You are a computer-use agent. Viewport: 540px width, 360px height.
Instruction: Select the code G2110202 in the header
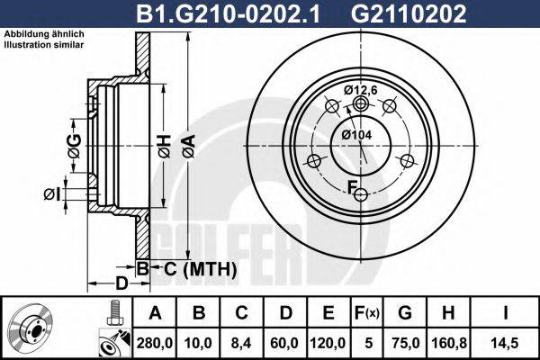408,13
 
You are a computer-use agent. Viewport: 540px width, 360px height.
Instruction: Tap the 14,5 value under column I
507,343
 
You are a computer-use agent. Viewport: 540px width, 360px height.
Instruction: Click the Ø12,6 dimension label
363,88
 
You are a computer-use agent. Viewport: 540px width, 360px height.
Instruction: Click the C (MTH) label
199,268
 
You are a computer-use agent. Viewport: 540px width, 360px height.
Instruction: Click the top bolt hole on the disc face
361,104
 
